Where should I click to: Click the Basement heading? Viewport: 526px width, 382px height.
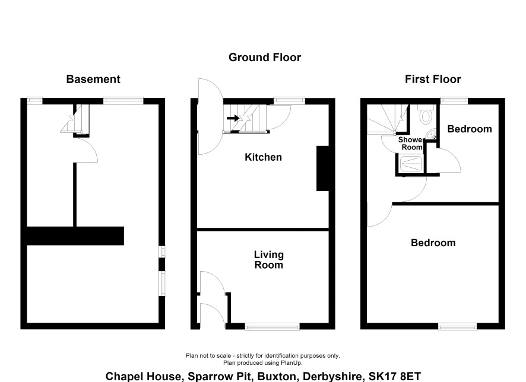(x=93, y=79)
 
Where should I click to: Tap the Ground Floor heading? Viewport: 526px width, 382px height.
(x=265, y=58)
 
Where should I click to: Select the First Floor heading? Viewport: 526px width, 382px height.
(x=433, y=79)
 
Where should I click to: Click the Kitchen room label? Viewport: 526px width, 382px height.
(x=264, y=157)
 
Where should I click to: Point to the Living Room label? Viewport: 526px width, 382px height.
(x=269, y=260)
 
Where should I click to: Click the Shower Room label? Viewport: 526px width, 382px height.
(x=411, y=144)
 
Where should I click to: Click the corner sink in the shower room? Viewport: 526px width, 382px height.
(x=431, y=135)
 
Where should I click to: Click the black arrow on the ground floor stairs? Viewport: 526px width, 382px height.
(x=233, y=118)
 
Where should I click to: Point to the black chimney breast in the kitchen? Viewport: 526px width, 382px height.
(x=323, y=168)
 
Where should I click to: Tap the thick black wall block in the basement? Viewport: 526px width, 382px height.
(x=75, y=236)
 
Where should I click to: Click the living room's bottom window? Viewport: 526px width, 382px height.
(x=272, y=327)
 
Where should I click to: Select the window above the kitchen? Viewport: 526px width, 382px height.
(x=289, y=100)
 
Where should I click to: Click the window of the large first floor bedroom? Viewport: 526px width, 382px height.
(x=458, y=326)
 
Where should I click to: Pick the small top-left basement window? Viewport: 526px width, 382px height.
(x=34, y=100)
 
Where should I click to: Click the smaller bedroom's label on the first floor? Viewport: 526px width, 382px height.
(x=470, y=129)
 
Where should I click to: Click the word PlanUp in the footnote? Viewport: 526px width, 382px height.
(x=291, y=363)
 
